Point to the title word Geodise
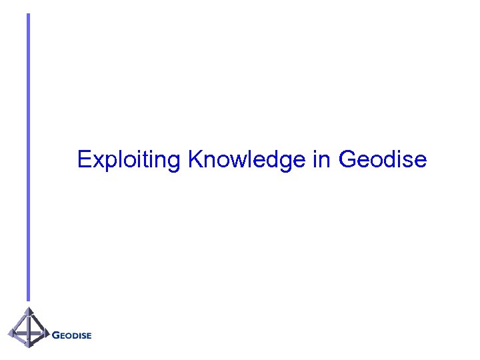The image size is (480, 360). tap(383, 160)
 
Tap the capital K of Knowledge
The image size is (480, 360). tap(195, 160)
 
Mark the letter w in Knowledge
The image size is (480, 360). tap(231, 162)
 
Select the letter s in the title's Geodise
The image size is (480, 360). tap(409, 162)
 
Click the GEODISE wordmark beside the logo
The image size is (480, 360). tap(71, 335)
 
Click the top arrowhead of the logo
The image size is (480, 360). tap(29, 311)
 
